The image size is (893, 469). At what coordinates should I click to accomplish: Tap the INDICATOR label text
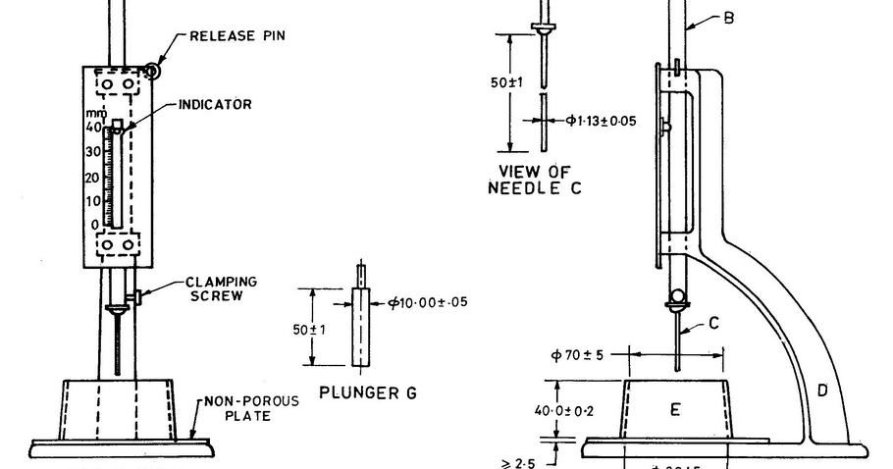pyautogui.click(x=215, y=104)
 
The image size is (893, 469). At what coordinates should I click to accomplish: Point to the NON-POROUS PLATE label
pyautogui.click(x=239, y=407)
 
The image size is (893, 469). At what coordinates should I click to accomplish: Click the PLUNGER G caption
pyautogui.click(x=368, y=392)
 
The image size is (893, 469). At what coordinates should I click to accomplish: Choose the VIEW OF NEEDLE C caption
pyautogui.click(x=534, y=180)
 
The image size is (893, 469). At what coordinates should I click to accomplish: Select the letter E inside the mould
pyautogui.click(x=675, y=409)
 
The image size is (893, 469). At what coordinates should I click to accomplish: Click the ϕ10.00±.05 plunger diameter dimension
pyautogui.click(x=428, y=302)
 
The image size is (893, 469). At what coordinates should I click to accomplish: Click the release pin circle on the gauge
pyautogui.click(x=152, y=70)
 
